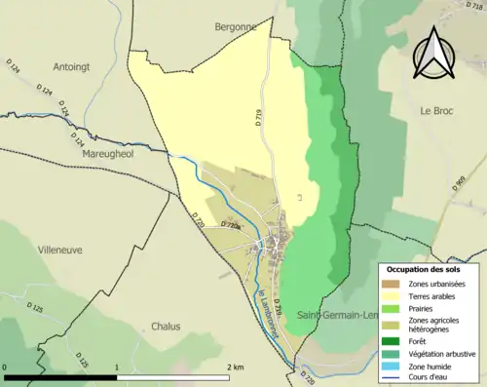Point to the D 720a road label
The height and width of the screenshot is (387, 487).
click(x=231, y=224)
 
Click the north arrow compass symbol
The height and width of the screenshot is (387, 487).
click(x=435, y=53)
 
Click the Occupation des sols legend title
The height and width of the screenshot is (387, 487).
click(x=430, y=268)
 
